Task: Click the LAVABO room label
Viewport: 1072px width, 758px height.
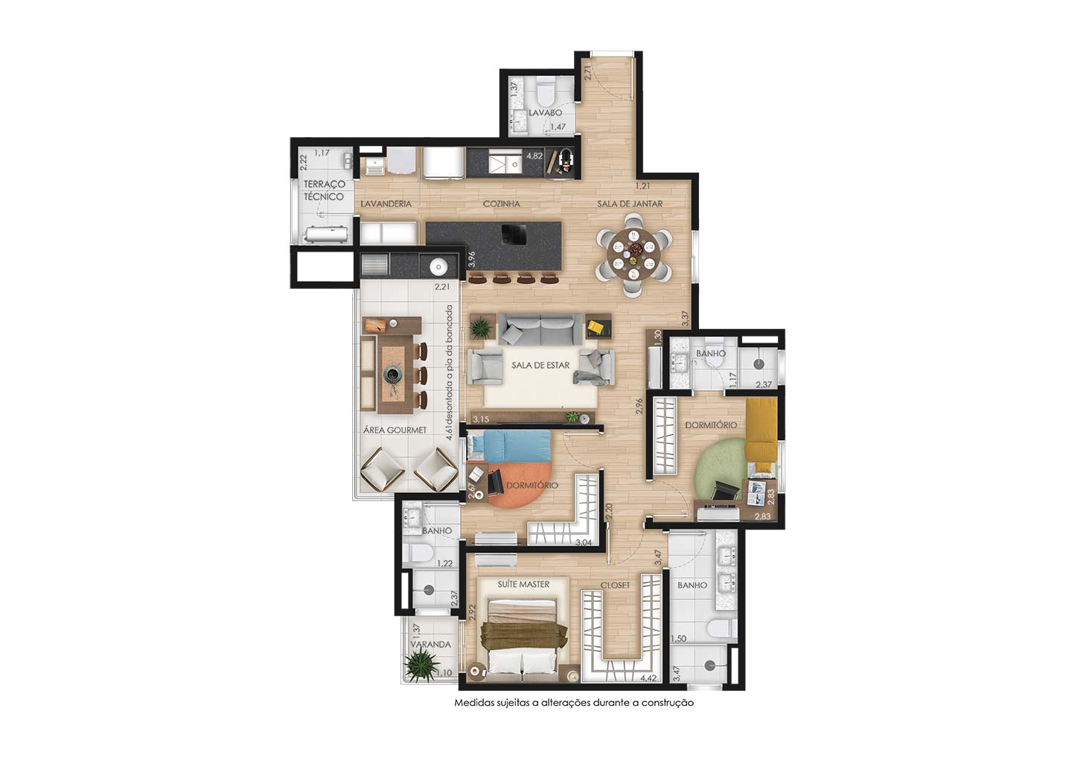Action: pos(545,113)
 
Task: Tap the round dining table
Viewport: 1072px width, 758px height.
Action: pos(634,254)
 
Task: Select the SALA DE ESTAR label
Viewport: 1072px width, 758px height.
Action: pos(540,366)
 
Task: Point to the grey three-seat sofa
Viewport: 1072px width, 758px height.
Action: pos(540,329)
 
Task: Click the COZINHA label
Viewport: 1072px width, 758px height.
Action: pos(502,204)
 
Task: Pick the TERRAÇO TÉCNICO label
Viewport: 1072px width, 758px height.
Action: pos(325,191)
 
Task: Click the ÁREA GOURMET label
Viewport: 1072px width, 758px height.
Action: pos(395,430)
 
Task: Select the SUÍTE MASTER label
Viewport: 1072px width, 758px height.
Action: pos(523,585)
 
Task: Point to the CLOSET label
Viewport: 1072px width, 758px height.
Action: pos(616,585)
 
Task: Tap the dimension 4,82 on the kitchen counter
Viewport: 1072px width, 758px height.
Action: pos(535,156)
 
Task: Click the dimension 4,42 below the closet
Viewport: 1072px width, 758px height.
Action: pos(648,678)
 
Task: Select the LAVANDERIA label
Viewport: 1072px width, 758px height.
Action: pos(386,204)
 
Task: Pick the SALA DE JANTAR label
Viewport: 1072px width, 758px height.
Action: pos(630,204)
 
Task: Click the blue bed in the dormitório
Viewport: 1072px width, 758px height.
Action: pos(509,445)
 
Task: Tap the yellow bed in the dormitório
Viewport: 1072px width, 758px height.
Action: pos(761,430)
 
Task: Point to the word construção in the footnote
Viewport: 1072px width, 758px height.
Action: pos(671,703)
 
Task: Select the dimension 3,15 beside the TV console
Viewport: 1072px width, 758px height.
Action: pos(481,419)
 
